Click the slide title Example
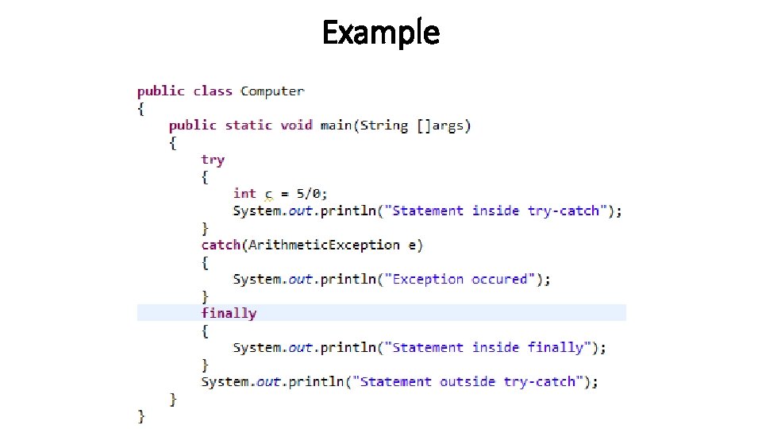(x=380, y=33)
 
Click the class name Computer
(x=272, y=91)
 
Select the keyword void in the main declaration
(x=297, y=126)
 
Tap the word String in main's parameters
(x=384, y=126)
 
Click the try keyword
(x=213, y=160)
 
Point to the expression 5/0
(x=310, y=194)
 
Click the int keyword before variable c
(x=244, y=194)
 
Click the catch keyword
(x=220, y=245)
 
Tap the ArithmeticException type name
(x=324, y=245)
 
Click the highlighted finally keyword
(x=229, y=313)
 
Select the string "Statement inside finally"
(x=488, y=347)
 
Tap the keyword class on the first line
(x=213, y=91)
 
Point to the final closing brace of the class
(x=141, y=415)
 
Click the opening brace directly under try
(x=205, y=176)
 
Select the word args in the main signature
(x=448, y=126)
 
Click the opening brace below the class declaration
(x=141, y=109)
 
